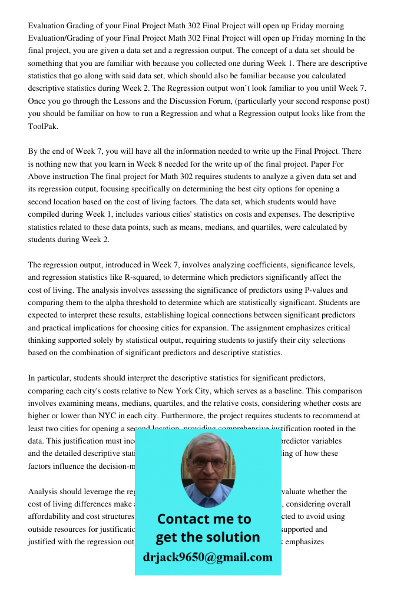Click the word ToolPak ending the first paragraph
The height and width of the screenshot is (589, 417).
click(43, 126)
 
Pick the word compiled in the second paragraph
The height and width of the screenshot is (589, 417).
click(46, 214)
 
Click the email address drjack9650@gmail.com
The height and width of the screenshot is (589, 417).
click(208, 557)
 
